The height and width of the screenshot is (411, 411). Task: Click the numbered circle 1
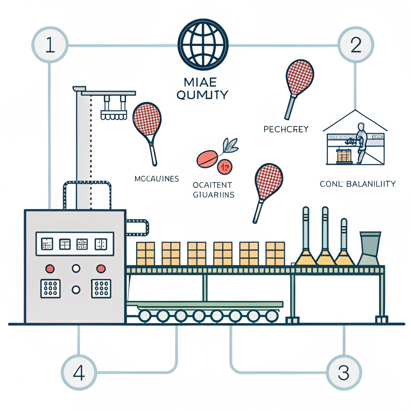click(50, 45)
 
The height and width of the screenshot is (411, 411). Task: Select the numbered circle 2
click(356, 45)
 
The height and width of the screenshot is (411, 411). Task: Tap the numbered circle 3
click(344, 372)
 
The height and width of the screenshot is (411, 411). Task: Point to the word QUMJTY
click(202, 95)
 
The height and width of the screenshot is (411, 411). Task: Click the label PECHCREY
click(286, 129)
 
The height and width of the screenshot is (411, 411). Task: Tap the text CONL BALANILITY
click(358, 184)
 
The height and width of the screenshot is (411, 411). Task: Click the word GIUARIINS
click(213, 195)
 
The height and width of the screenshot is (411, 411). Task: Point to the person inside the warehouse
click(361, 142)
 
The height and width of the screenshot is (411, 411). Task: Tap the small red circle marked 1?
click(224, 166)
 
